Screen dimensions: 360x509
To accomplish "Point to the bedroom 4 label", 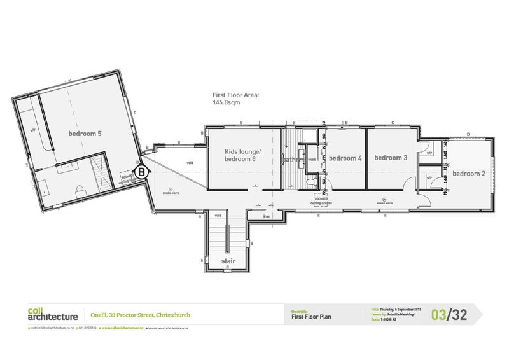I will click(345, 158).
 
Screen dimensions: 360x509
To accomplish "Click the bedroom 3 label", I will click(391, 158).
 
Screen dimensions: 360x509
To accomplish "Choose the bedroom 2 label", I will click(469, 174).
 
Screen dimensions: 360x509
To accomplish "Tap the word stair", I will click(228, 261).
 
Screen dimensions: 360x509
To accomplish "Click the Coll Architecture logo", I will click(53, 314).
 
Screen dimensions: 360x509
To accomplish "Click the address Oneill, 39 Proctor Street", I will click(140, 314).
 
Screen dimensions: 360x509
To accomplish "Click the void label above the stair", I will click(218, 216).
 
